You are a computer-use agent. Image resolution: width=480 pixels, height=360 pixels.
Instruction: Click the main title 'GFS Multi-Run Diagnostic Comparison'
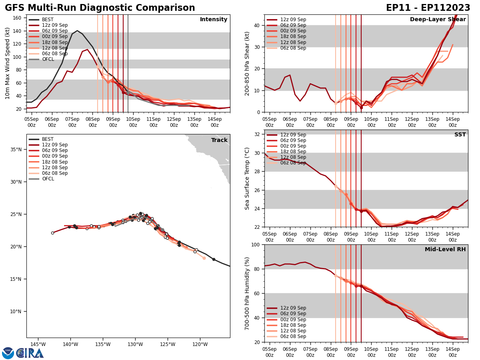(x=100, y=8)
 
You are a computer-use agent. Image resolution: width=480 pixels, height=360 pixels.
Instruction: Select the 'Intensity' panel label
(x=214, y=20)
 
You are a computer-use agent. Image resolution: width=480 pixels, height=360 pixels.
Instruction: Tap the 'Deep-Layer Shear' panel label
(x=438, y=20)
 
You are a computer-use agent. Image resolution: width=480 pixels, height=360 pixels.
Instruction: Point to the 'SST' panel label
(x=460, y=135)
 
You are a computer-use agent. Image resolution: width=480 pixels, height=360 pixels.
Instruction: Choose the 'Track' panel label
(x=219, y=140)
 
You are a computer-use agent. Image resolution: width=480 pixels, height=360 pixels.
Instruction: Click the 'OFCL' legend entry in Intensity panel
(x=48, y=59)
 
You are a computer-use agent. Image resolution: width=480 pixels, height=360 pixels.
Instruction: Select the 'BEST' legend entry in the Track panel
(x=48, y=139)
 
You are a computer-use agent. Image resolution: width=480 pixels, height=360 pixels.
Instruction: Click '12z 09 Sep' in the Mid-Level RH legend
(x=293, y=308)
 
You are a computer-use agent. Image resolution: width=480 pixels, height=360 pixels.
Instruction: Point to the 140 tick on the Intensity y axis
(x=18, y=31)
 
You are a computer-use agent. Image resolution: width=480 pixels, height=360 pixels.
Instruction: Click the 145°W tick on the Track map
(x=38, y=344)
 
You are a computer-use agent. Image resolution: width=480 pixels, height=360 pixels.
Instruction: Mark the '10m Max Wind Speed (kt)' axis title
(x=8, y=63)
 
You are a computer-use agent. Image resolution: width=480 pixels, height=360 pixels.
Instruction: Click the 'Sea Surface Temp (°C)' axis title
(x=247, y=178)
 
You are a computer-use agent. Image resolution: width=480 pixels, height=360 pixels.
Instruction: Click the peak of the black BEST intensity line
(x=77, y=31)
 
